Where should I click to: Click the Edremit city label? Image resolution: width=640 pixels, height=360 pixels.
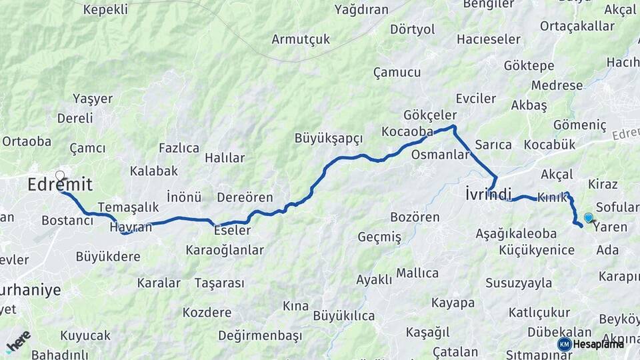click(x=60, y=185)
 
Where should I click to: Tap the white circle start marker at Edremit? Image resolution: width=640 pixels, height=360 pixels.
click(x=60, y=176)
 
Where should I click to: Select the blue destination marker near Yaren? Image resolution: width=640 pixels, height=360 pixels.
click(x=589, y=217)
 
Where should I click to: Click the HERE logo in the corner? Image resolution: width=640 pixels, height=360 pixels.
click(x=18, y=341)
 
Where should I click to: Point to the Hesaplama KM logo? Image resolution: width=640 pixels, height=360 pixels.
click(x=591, y=344)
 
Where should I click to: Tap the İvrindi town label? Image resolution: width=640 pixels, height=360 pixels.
click(x=489, y=195)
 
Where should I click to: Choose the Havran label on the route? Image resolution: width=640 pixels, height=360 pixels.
click(x=131, y=227)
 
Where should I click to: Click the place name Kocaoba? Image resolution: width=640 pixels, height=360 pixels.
click(x=407, y=132)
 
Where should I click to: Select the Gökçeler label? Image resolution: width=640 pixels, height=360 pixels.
click(x=430, y=115)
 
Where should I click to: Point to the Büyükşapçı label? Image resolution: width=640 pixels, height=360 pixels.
click(x=329, y=139)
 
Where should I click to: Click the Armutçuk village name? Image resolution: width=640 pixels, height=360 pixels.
click(x=301, y=39)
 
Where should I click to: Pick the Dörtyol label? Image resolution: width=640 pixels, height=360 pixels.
click(x=412, y=29)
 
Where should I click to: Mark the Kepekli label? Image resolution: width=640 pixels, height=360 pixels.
click(x=105, y=9)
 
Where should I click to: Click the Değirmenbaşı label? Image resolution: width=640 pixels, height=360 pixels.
click(x=260, y=335)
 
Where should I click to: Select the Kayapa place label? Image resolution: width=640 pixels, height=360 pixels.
click(x=453, y=303)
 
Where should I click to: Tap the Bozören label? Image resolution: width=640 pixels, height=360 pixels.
click(x=415, y=217)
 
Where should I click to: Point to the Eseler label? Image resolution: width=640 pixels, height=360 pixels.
click(x=232, y=231)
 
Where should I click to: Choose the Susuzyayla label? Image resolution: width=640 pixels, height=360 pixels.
click(x=519, y=283)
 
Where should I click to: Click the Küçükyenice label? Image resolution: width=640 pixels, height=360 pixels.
click(x=537, y=250)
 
